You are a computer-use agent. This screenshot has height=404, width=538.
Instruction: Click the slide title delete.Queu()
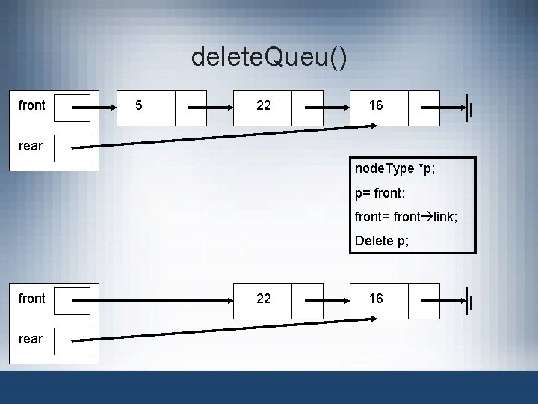tap(269, 56)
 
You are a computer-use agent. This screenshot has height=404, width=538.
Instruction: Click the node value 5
tap(139, 105)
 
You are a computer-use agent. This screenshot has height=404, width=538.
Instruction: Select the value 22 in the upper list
tap(263, 105)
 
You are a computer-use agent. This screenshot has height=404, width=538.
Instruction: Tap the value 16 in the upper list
tap(376, 105)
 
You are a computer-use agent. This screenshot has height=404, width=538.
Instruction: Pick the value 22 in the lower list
tap(263, 298)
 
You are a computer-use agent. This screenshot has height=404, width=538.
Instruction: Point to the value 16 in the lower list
tap(376, 298)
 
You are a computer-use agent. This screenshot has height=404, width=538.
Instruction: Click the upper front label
tap(31, 105)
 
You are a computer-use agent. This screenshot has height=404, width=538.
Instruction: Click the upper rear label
tap(31, 145)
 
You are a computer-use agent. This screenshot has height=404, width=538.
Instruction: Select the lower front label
tap(31, 298)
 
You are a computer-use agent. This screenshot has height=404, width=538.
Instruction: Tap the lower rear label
tap(31, 338)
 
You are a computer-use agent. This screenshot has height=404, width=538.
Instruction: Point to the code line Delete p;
tap(382, 241)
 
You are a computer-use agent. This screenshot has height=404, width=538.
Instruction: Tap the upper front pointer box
tap(72, 108)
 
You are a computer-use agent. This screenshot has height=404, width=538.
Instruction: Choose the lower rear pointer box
tap(72, 340)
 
